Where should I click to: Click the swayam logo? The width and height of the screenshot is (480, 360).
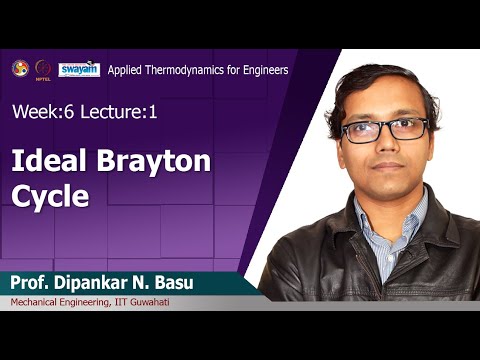tap(79, 69)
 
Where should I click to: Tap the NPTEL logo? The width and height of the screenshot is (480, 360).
tap(42, 69)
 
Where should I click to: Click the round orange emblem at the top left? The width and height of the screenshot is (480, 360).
tap(20, 68)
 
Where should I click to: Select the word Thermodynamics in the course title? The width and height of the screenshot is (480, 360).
tap(195, 70)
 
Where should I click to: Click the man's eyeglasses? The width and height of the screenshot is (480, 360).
tap(383, 129)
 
